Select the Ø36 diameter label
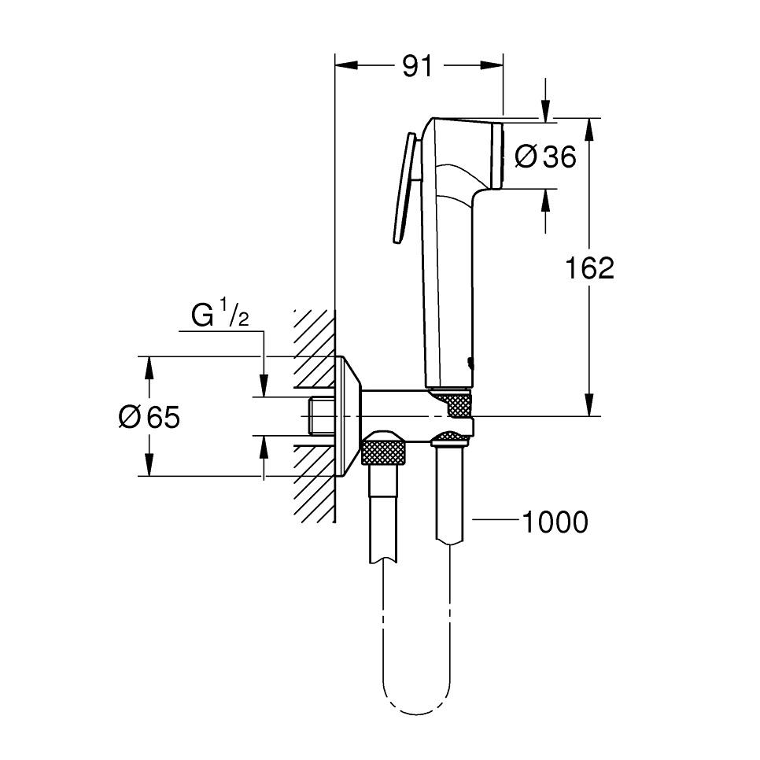[545, 157]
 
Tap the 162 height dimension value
[589, 269]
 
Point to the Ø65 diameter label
[149, 417]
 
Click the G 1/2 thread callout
[220, 316]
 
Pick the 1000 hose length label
[555, 522]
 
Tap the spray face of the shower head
[496, 155]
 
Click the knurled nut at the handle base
[456, 405]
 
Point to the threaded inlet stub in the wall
[320, 415]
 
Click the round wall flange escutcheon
[347, 415]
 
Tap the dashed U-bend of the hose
[416, 692]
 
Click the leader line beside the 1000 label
[496, 521]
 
